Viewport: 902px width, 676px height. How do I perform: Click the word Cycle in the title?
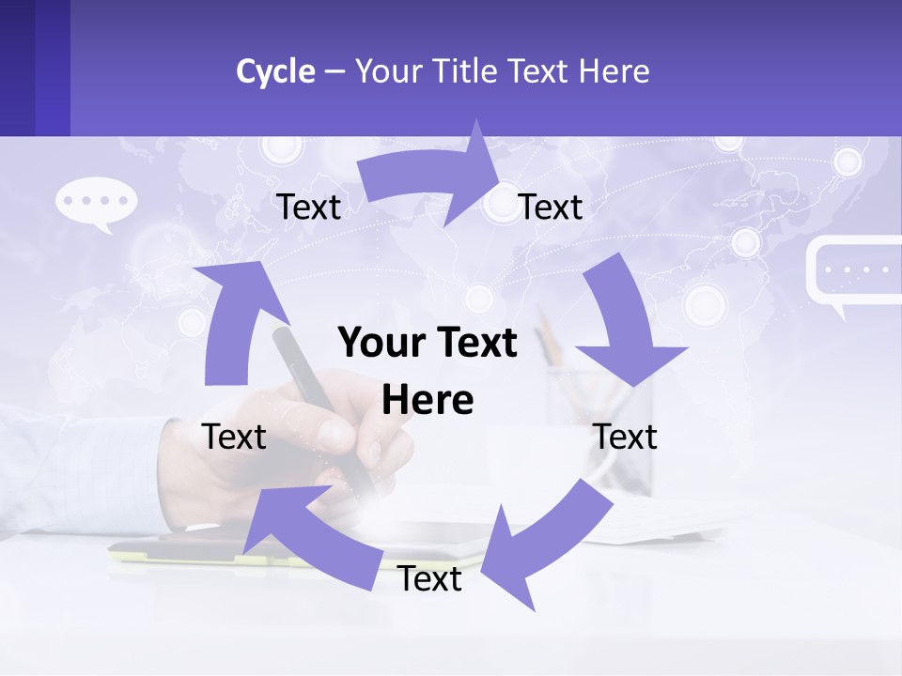(x=275, y=71)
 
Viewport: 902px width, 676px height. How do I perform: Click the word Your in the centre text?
(x=374, y=344)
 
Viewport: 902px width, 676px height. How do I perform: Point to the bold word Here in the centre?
(x=428, y=401)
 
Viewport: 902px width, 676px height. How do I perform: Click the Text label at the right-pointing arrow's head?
(x=551, y=207)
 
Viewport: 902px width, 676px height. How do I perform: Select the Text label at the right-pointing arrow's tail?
(x=308, y=207)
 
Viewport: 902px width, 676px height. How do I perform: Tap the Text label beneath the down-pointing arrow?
(x=626, y=437)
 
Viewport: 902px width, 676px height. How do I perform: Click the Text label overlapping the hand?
(x=235, y=437)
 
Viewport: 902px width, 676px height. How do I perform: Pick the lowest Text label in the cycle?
(x=429, y=579)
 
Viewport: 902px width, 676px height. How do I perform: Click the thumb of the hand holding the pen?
(x=334, y=434)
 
